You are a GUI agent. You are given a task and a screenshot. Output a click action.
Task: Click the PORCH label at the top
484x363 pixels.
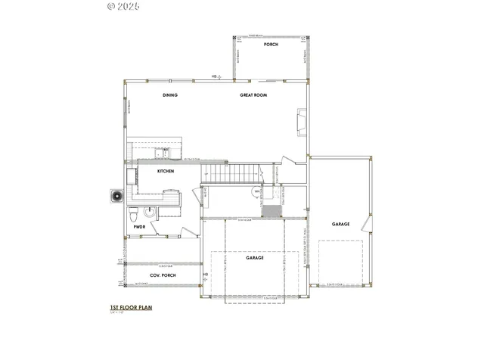pyautogui.click(x=271, y=45)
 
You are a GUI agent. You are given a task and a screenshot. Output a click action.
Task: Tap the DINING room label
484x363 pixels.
pyautogui.click(x=170, y=95)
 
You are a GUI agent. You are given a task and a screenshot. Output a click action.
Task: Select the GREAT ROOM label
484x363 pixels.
pyautogui.click(x=252, y=95)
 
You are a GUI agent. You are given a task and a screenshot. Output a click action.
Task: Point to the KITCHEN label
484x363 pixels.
pyautogui.click(x=166, y=172)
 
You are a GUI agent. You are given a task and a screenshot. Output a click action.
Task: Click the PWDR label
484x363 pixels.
pyautogui.click(x=139, y=226)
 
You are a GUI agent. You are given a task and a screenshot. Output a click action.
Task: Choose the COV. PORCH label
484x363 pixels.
pyautogui.click(x=163, y=275)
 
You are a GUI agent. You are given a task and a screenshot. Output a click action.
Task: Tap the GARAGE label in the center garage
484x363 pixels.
pyautogui.click(x=254, y=258)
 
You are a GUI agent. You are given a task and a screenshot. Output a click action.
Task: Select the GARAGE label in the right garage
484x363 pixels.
pyautogui.click(x=340, y=224)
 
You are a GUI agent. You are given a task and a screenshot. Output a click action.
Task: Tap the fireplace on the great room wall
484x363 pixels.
pyautogui.click(x=302, y=121)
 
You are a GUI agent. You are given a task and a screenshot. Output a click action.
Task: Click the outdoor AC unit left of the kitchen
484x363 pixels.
pyautogui.click(x=117, y=196)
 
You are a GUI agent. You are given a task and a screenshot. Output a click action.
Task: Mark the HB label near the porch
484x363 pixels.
pyautogui.click(x=215, y=76)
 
